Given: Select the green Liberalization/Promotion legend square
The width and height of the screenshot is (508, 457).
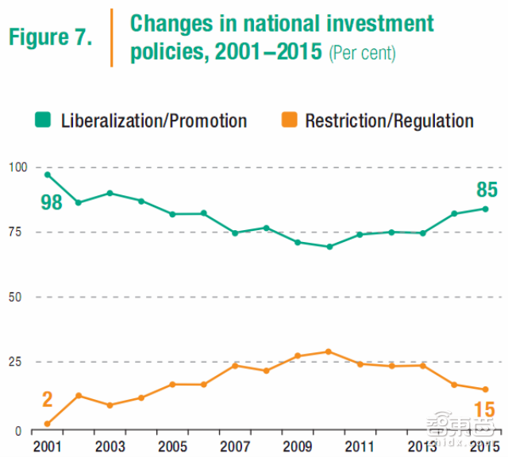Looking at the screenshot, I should [42, 121].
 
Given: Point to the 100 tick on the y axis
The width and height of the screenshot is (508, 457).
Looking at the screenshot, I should [17, 167].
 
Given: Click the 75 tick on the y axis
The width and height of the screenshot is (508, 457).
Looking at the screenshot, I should [20, 232].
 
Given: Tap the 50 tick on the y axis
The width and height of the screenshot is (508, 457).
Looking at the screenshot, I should [20, 298].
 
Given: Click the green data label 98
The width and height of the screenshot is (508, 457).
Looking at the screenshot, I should [52, 203].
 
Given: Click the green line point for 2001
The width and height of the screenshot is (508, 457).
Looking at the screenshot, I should [48, 175].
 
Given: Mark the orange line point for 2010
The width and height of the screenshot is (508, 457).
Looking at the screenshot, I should [329, 351].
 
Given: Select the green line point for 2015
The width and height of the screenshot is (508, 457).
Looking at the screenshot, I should [484, 209].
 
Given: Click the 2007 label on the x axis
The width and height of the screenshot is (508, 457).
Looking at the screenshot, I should [235, 444].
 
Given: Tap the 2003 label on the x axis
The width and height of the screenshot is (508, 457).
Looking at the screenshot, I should [110, 444].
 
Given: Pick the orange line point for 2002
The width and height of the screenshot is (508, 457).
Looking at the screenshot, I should [79, 395].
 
